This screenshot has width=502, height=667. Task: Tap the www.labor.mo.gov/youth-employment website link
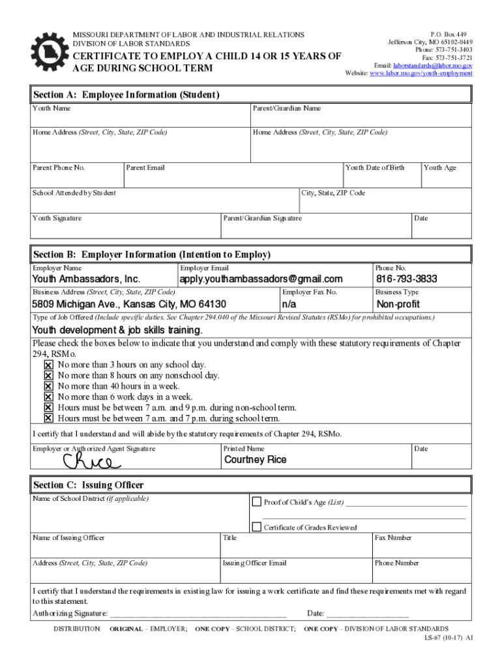421,74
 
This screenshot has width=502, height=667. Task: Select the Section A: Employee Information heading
126,95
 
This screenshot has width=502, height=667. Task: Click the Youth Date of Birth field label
375,168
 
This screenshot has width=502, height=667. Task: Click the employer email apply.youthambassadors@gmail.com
261,279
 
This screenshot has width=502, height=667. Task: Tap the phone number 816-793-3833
406,279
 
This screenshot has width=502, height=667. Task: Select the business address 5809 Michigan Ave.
129,305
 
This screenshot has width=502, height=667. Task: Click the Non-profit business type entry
398,305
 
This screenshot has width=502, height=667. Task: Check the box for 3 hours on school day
48,365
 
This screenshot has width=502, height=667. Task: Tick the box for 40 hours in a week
48,386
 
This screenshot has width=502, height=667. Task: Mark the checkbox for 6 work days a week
48,397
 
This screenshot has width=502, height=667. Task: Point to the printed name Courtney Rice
255,460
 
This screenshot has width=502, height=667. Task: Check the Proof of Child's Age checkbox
256,502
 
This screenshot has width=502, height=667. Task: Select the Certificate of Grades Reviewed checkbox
256,527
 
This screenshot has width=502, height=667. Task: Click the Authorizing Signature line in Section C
198,614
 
